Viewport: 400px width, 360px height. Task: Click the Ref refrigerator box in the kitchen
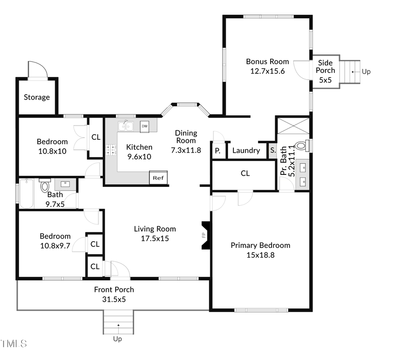point(158,178)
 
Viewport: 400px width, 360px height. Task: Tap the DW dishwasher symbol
point(144,126)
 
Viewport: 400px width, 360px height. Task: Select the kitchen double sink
point(126,126)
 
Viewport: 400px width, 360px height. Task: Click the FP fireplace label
point(204,235)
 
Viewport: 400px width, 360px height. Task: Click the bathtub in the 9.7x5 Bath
point(27,194)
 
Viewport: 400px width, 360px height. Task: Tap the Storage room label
point(37,97)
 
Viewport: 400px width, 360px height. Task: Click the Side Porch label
point(325,67)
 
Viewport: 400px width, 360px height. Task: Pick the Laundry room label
point(246,150)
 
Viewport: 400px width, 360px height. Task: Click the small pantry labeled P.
point(218,151)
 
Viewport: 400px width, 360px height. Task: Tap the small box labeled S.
point(272,150)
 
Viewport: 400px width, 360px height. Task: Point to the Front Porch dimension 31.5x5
point(114,299)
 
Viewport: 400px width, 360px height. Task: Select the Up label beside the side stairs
point(366,71)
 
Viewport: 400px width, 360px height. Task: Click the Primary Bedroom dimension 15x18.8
point(260,255)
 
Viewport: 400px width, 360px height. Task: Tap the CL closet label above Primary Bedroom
point(245,174)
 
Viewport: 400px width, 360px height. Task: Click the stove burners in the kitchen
point(111,150)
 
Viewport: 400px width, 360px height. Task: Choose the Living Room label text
point(155,229)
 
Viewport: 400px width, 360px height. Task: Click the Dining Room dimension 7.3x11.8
point(186,150)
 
